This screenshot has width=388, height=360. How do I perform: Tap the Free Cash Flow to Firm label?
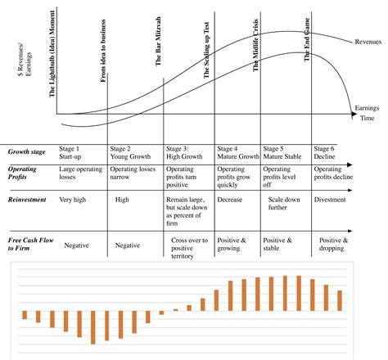29,244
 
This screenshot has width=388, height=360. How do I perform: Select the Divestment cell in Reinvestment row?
331,200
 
